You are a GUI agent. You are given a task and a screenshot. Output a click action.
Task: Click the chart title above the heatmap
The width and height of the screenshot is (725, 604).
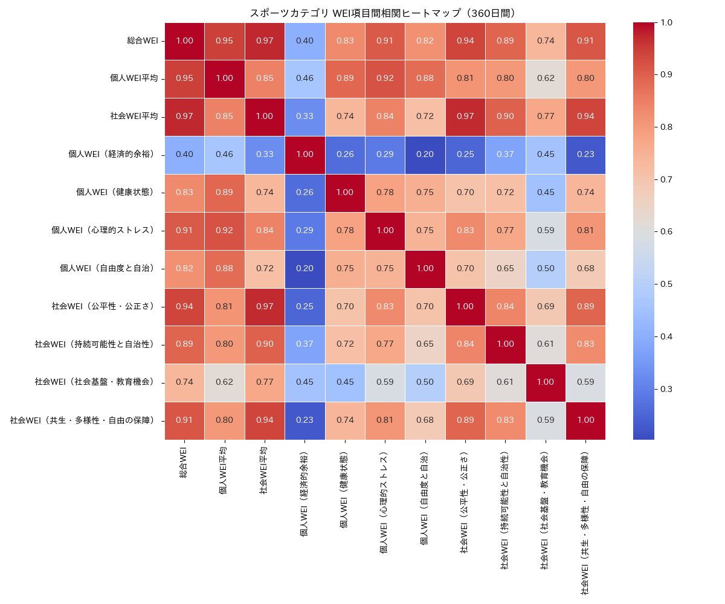[x=385, y=13]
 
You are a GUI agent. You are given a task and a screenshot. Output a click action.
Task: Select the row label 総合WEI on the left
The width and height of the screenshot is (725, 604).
[x=143, y=40]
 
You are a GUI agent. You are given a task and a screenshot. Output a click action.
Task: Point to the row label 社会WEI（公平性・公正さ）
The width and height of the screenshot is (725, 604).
[x=103, y=306]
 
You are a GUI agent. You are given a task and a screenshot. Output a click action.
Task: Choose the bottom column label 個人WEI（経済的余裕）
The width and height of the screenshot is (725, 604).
[x=304, y=495]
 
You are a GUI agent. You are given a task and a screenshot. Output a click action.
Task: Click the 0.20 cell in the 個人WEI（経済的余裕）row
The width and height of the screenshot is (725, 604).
[x=425, y=154]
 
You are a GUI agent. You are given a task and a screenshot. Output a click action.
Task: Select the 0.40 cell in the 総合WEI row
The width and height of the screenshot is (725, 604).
[x=304, y=40]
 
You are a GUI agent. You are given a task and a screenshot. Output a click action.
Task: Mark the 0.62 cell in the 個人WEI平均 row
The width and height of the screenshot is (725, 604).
[x=545, y=79]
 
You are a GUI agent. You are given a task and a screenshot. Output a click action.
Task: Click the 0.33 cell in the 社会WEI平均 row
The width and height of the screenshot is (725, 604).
[x=304, y=117]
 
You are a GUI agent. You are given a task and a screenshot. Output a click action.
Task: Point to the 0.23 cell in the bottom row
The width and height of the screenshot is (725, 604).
[x=304, y=420]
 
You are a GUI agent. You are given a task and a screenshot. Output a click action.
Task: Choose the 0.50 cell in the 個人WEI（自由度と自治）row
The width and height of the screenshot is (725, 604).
[x=545, y=268]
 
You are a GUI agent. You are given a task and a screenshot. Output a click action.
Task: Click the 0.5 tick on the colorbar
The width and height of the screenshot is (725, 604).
[x=667, y=283]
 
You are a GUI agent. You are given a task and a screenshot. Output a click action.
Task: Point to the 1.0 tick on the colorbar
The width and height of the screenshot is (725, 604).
[x=667, y=22]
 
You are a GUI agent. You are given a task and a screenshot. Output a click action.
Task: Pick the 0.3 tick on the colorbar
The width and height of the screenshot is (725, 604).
[x=667, y=388]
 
